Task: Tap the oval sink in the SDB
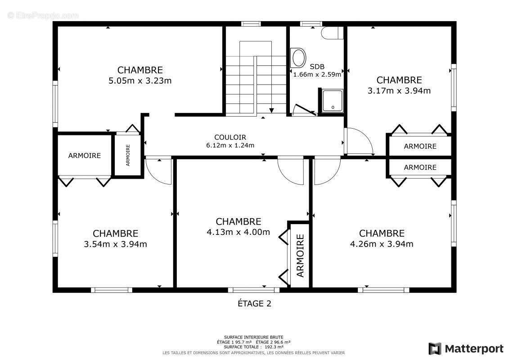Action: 298,58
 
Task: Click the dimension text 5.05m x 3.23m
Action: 140,81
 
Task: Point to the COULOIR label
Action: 230,137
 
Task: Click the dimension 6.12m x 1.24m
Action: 230,145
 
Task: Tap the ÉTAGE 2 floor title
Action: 254,303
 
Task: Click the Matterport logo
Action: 466,349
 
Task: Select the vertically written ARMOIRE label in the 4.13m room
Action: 300,255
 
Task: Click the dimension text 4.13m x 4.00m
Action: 238,232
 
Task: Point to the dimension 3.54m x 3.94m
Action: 115,244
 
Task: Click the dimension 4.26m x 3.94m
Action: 382,244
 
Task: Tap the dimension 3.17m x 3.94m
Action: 399,90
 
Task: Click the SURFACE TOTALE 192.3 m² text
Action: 254,347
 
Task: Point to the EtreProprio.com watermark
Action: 43,15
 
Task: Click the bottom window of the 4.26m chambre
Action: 383,290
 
